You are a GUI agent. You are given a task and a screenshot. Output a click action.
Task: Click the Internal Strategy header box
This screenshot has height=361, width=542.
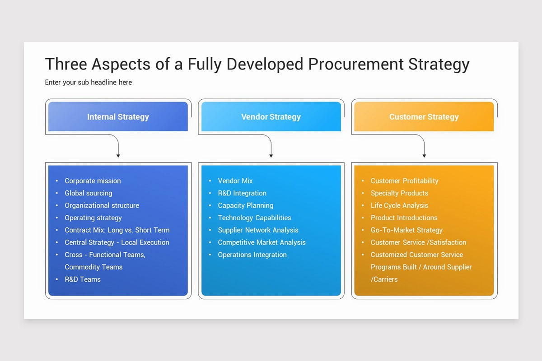pos(118,117)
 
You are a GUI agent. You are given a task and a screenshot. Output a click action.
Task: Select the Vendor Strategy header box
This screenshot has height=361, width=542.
pos(271,117)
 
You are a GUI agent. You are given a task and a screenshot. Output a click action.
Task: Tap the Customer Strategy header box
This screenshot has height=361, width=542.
pos(424,117)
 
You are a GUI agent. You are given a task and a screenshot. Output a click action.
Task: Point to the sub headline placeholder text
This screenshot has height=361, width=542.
pos(89,82)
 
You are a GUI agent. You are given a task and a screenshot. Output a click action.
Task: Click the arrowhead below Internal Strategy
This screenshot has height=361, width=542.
pos(118,156)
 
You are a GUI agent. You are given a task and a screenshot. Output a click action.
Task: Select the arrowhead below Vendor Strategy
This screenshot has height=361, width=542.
pos(271,156)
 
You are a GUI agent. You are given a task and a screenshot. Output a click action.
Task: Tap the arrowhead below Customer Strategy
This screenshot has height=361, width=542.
pos(424,156)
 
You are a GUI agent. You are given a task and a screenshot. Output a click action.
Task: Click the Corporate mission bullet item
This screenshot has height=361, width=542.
pos(93,180)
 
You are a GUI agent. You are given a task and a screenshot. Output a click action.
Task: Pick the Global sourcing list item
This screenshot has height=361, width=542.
pos(88,193)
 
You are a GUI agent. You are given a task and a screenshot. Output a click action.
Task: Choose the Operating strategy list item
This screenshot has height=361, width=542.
pos(93,218)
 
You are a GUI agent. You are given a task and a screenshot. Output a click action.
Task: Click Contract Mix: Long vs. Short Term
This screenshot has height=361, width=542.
pos(117,230)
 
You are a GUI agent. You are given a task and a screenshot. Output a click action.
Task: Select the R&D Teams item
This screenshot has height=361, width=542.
pos(83,279)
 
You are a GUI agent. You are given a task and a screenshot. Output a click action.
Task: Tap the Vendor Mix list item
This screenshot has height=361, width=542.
pos(235,180)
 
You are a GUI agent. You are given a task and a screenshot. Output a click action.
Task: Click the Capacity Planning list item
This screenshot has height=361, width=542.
pos(245,205)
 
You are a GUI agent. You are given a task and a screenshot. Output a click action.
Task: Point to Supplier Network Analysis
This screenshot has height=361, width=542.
pos(258,230)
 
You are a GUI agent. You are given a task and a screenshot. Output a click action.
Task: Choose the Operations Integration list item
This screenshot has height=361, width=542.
pos(252,255)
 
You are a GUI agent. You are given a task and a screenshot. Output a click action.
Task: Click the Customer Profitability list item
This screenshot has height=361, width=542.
pos(404,180)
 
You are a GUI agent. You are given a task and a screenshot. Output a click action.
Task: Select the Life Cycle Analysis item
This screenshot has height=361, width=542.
pos(399,205)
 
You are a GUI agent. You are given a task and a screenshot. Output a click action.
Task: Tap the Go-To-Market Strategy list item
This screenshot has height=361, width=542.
pos(406,230)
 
